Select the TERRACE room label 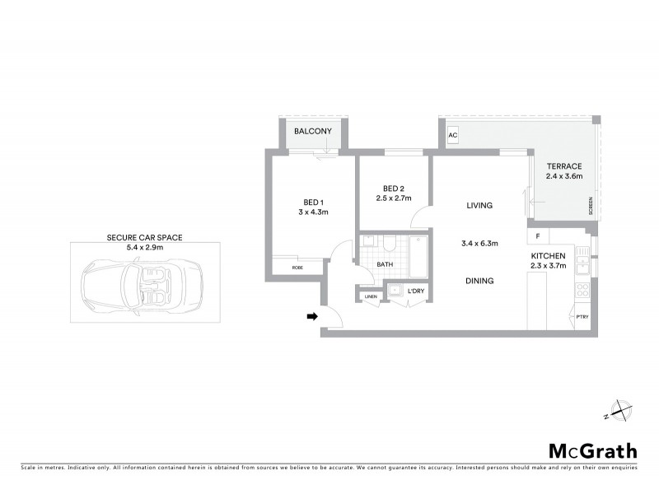tap(563, 166)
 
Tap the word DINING tap(479, 281)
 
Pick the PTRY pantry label tap(582, 317)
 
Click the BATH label tap(386, 264)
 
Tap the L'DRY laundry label tap(417, 291)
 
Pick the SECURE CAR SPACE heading tap(144, 237)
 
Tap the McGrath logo tap(592, 450)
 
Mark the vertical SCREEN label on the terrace tap(590, 206)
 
